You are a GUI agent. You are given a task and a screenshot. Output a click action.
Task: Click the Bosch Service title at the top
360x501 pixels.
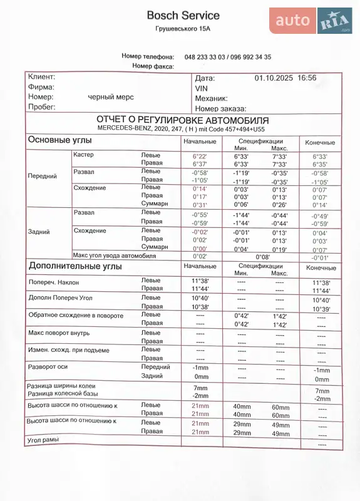pyautogui.click(x=183, y=15)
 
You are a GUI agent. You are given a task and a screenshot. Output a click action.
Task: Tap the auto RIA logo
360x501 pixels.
pyautogui.click(x=311, y=21)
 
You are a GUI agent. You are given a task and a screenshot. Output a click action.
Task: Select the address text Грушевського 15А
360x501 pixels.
pyautogui.click(x=183, y=29)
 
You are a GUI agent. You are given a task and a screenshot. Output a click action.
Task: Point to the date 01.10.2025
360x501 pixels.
pyautogui.click(x=274, y=78)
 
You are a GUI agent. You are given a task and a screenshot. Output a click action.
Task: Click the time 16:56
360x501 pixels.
pyautogui.click(x=307, y=78)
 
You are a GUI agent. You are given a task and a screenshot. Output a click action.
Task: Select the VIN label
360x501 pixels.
pyautogui.click(x=201, y=88)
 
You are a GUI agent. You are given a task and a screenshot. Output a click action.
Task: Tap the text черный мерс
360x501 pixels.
pyautogui.click(x=111, y=97)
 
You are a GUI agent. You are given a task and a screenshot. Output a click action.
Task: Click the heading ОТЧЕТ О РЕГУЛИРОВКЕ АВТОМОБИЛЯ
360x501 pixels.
pyautogui.click(x=182, y=120)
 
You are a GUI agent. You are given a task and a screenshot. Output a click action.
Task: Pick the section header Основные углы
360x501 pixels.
pyautogui.click(x=60, y=140)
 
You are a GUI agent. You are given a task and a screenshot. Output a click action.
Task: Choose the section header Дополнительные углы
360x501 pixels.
pyautogui.click(x=75, y=266)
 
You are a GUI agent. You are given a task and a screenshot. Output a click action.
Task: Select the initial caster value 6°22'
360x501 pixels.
pyautogui.click(x=200, y=157)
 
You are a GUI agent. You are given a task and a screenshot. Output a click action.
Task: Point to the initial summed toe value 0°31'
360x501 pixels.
pyautogui.click(x=200, y=205)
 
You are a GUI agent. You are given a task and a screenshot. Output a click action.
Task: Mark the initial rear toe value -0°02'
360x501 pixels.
pyautogui.click(x=200, y=232)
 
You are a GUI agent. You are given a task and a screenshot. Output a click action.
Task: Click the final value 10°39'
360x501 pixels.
pyautogui.click(x=321, y=309)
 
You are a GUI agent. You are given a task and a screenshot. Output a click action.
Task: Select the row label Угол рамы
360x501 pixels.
pyautogui.click(x=43, y=440)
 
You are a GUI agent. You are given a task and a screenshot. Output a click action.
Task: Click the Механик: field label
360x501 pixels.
pyautogui.click(x=211, y=98)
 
